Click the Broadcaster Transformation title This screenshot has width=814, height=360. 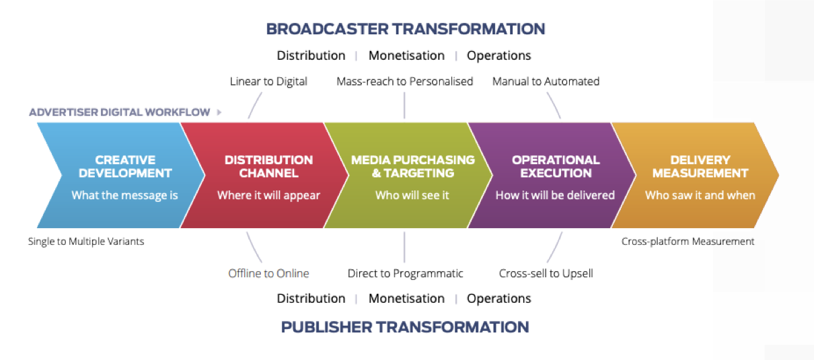(x=406, y=29)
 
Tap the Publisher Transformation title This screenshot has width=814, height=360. (x=405, y=327)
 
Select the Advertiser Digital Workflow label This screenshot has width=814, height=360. (x=120, y=112)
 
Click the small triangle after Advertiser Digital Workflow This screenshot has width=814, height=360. (x=219, y=112)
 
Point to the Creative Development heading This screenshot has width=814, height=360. (x=125, y=167)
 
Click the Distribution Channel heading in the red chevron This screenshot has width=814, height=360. (x=268, y=167)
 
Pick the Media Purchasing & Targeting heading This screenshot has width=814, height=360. (x=413, y=167)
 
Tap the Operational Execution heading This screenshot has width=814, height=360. (x=556, y=167)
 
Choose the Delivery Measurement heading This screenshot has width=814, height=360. (x=700, y=167)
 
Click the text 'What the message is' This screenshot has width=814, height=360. (x=124, y=195)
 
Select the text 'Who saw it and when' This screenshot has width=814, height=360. (x=700, y=195)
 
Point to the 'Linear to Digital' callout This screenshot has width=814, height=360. (x=268, y=81)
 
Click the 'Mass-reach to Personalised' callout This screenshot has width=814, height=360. (x=404, y=81)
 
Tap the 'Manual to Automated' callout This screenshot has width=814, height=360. (x=546, y=81)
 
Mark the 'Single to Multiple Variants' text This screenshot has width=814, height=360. (x=86, y=242)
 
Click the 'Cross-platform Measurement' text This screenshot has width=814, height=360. (x=688, y=242)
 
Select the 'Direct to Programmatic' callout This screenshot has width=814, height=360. (x=405, y=273)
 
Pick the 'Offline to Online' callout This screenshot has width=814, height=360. (x=268, y=273)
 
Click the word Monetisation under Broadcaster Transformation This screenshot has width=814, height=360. (x=406, y=56)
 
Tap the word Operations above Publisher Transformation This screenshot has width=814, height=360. (x=499, y=299)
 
